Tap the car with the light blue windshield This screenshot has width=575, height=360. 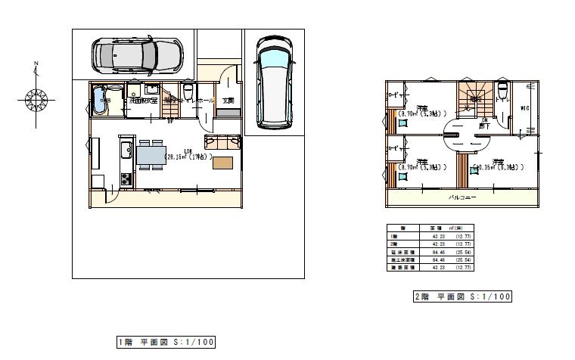coord(272,81)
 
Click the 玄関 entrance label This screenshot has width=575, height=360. coord(228,100)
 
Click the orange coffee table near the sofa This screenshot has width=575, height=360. coord(222,163)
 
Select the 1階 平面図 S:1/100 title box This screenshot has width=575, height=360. coord(166,343)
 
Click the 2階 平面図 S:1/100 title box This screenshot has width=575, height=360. coord(462,296)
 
